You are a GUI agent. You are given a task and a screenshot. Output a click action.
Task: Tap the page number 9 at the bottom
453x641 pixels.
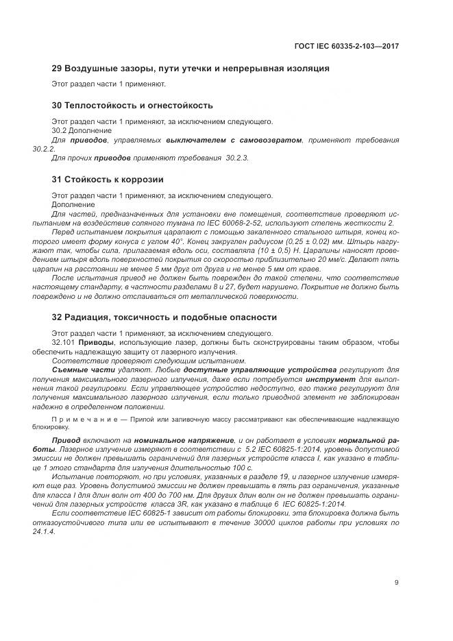pos(397,583)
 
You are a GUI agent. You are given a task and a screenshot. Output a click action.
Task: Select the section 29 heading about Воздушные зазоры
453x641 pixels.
pos(181,69)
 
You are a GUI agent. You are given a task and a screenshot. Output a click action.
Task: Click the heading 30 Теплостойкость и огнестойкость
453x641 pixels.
pos(132,106)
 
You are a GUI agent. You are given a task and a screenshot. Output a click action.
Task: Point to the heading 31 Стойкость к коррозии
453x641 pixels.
pos(108,180)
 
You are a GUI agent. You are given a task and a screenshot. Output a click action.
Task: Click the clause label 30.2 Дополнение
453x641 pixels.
pos(75,130)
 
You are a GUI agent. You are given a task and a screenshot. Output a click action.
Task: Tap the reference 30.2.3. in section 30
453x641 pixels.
pos(237,158)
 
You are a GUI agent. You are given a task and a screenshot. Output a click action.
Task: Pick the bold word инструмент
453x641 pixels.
pos(331,378)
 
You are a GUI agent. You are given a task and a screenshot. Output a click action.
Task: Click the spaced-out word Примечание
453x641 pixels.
pos(79,418)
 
